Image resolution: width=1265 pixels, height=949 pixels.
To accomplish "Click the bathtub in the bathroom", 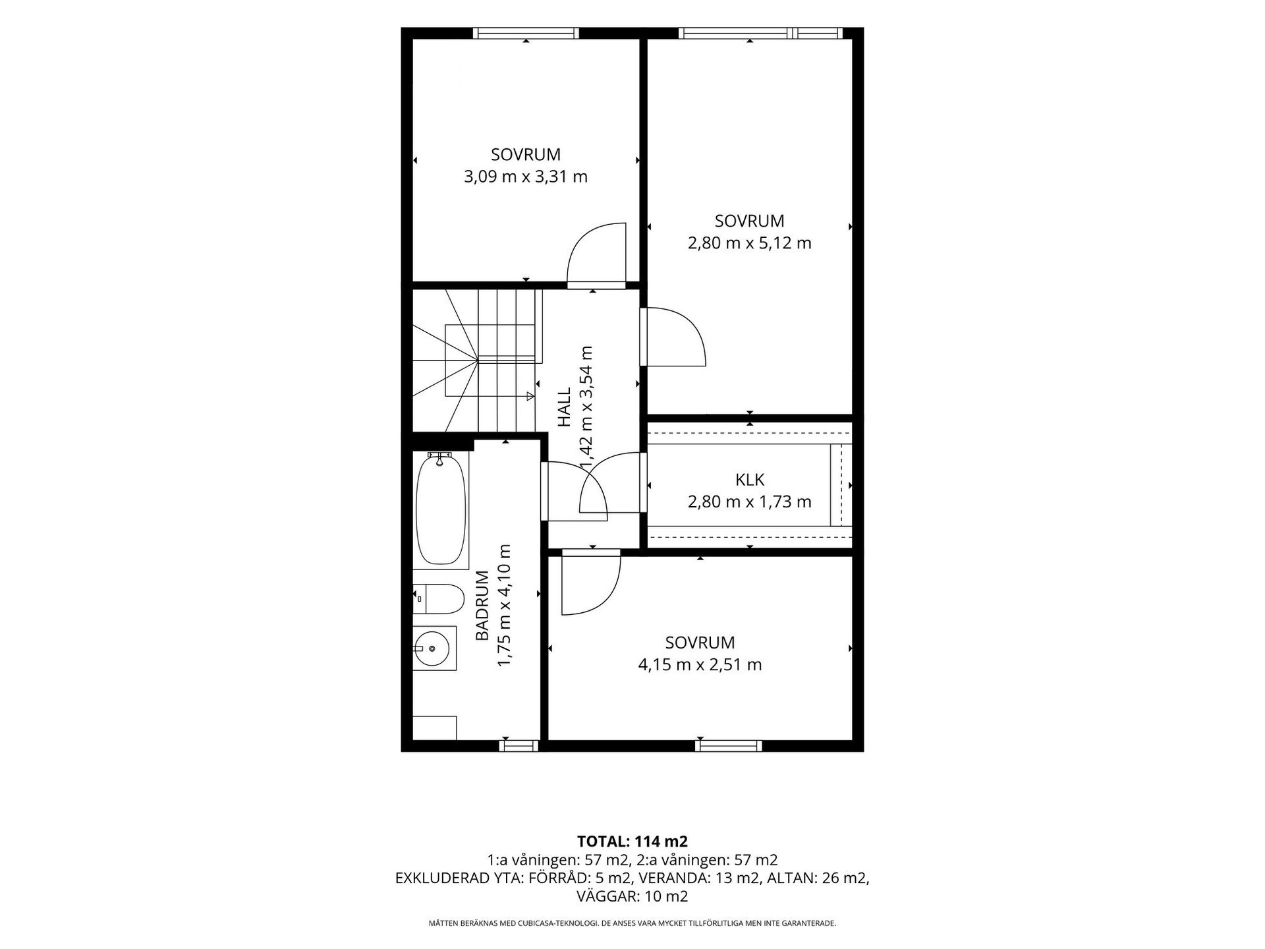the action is tap(441, 509).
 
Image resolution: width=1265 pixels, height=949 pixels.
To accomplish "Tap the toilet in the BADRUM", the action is tap(439, 598).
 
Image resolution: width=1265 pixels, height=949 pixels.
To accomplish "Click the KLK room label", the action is tap(750, 480).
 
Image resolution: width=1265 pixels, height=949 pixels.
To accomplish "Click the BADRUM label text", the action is tap(482, 605).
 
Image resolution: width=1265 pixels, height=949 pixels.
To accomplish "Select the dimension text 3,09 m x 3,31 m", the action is tap(526, 177).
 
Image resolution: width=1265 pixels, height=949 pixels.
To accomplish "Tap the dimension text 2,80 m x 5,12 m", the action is tap(750, 243).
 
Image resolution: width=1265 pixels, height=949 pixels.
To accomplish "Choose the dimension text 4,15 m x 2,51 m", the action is tap(700, 665).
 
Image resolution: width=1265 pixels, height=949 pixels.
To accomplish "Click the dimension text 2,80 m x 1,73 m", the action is tap(750, 502).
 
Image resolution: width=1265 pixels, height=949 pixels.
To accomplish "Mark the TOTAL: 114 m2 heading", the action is tap(632, 842).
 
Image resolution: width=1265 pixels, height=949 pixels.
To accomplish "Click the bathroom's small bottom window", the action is tap(519, 746).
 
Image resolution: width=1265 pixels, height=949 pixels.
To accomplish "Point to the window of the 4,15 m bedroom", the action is tap(729, 746).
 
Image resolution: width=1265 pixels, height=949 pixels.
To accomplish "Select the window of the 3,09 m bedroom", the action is tap(526, 33).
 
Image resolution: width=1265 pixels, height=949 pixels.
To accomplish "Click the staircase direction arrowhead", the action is tap(530, 396).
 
